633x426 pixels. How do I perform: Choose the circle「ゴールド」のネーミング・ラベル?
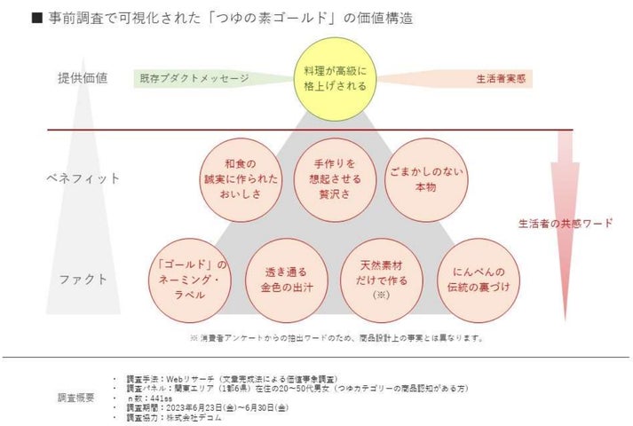pyautogui.click(x=191, y=279)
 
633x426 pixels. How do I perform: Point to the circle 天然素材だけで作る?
pyautogui.click(x=382, y=279)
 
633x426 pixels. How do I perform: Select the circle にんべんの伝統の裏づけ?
pyautogui.click(x=477, y=279)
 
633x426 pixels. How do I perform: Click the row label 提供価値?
pyautogui.click(x=82, y=78)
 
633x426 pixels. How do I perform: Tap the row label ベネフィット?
pyautogui.click(x=83, y=177)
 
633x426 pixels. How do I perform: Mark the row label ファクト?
pyautogui.click(x=83, y=279)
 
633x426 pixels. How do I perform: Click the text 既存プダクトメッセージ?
pyautogui.click(x=194, y=79)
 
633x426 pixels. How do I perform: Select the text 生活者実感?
pyautogui.click(x=502, y=79)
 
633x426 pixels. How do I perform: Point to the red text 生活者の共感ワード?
pyautogui.click(x=566, y=223)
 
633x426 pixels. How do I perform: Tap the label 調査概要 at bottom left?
pyautogui.click(x=79, y=397)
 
